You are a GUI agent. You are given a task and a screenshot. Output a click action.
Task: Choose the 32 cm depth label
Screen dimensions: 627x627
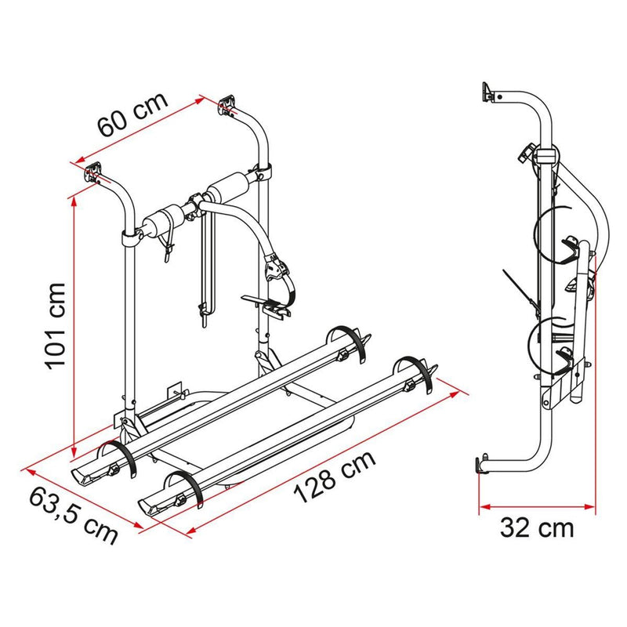537,527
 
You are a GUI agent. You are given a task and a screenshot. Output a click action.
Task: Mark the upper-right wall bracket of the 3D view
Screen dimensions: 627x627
228,104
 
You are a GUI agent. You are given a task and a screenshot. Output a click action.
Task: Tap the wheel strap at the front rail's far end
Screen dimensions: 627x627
416,375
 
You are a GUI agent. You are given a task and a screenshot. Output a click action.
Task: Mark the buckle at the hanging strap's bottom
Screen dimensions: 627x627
205,313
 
